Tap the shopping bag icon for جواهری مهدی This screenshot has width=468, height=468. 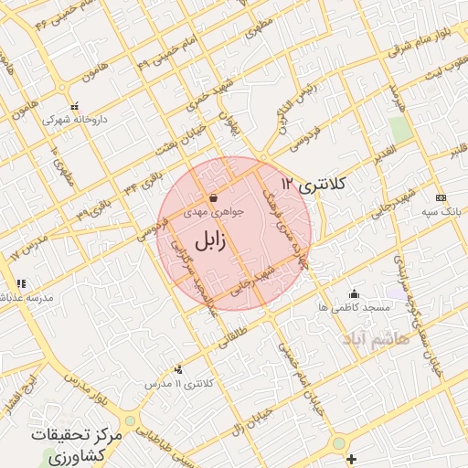click(213, 197)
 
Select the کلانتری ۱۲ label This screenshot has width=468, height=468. click(314, 184)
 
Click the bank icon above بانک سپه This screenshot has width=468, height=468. click(441, 197)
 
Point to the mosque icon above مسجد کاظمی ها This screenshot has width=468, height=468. click(355, 293)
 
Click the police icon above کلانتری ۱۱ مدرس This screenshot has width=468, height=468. click(177, 369)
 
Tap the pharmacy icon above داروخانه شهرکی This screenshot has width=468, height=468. click(75, 106)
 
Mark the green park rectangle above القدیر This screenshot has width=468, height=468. click(398, 129)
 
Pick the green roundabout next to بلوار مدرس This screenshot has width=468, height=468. click(131, 421)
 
